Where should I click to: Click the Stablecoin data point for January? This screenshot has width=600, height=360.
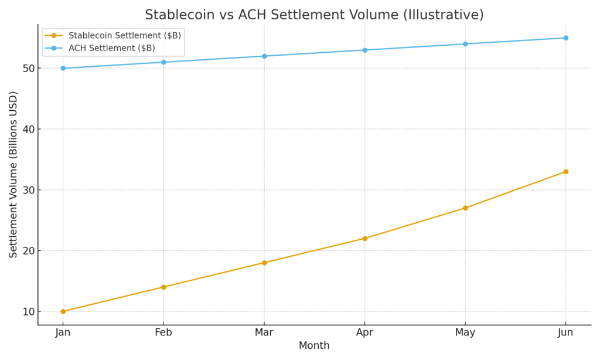point(63,311)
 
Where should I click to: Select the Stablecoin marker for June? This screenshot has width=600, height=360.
point(565,172)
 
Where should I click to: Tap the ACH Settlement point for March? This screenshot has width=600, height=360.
point(264,56)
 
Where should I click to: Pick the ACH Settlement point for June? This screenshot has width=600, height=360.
point(565,38)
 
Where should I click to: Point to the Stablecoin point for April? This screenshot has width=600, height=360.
point(364,239)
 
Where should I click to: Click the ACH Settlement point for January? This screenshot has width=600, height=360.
point(63,68)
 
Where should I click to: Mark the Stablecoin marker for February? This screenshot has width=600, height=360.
point(163,287)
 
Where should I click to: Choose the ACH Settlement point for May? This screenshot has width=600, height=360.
point(465,44)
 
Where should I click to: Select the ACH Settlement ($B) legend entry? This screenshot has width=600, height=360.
point(111,48)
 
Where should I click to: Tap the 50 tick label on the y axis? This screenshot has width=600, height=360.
point(28,69)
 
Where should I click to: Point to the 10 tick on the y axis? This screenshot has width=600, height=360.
point(28,311)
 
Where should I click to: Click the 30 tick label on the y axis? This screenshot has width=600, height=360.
point(28,190)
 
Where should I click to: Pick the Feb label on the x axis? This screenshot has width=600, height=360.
point(163,332)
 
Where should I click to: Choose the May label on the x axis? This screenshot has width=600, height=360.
point(465,332)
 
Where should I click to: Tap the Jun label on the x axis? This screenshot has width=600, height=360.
point(565,332)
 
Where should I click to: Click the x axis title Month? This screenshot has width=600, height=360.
point(314,346)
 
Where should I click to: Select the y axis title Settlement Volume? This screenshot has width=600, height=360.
point(13,174)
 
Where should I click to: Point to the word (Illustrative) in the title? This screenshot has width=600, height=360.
point(442,15)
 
